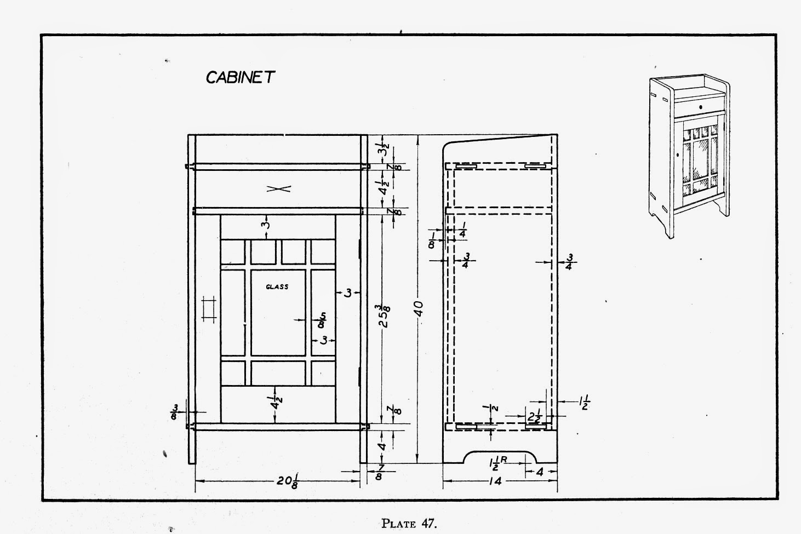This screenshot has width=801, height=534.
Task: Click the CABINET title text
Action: pyautogui.click(x=239, y=77)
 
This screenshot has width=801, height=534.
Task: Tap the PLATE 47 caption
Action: pyautogui.click(x=409, y=523)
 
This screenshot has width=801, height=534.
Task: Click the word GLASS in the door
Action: pyautogui.click(x=277, y=286)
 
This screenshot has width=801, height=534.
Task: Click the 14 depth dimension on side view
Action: pyautogui.click(x=497, y=481)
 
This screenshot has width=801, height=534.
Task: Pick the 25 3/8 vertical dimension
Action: pyautogui.click(x=385, y=314)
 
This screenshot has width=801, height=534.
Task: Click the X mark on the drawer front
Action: pyautogui.click(x=278, y=188)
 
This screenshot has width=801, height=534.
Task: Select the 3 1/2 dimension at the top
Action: pyautogui.click(x=385, y=149)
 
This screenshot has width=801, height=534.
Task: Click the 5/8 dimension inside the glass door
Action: pyautogui.click(x=323, y=319)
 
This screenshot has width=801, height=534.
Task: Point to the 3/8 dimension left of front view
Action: pyautogui.click(x=176, y=411)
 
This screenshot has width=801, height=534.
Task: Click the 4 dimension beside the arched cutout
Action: pyautogui.click(x=539, y=471)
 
